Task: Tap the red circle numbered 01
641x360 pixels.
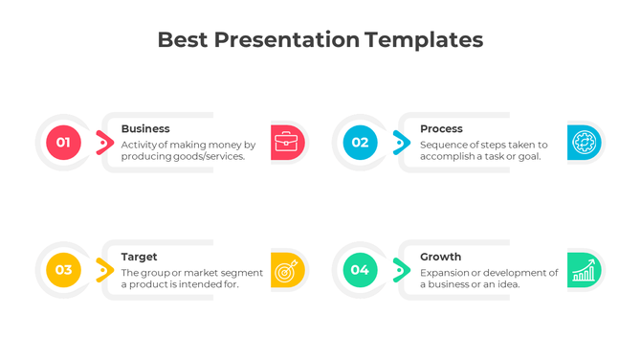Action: [x=63, y=143]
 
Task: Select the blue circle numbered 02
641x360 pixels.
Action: [x=360, y=143]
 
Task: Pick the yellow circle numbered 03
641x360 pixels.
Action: [x=63, y=270]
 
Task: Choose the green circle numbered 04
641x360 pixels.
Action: [x=360, y=270]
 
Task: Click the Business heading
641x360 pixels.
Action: [x=145, y=128]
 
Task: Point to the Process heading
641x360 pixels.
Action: [x=441, y=128]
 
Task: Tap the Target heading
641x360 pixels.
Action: [x=140, y=257]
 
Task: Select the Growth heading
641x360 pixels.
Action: [x=440, y=257]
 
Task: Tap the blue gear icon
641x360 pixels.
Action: [x=584, y=143]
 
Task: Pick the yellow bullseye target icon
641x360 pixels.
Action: [x=287, y=270]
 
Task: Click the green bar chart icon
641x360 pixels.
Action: [x=584, y=270]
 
